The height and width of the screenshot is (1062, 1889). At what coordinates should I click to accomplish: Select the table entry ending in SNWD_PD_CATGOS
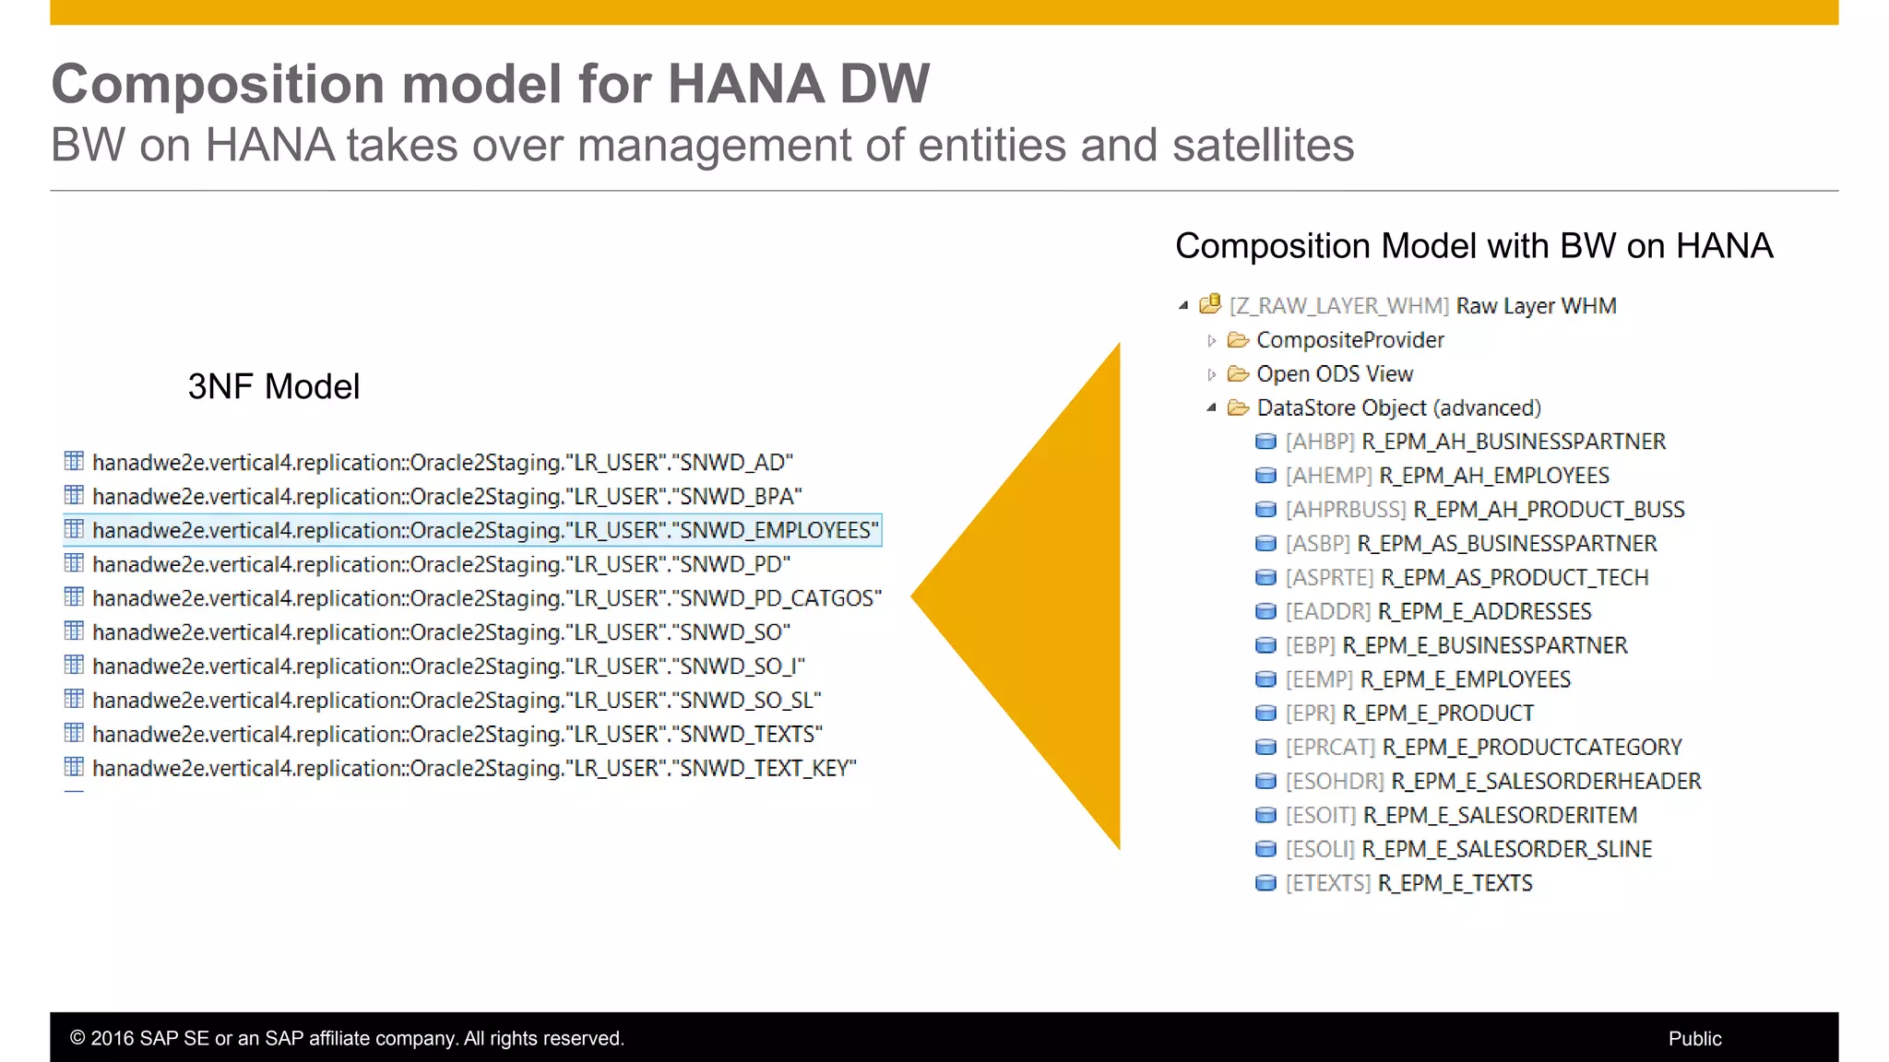(x=486, y=598)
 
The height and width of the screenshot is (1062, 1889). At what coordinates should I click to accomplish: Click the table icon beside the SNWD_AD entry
(x=74, y=461)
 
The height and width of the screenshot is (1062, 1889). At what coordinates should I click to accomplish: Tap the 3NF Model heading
(x=274, y=386)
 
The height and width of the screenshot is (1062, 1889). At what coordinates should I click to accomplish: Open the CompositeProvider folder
(x=1349, y=340)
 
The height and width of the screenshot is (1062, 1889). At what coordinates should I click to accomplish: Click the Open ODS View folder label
(x=1334, y=374)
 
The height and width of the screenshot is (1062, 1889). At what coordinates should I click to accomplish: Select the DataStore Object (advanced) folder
(x=1397, y=407)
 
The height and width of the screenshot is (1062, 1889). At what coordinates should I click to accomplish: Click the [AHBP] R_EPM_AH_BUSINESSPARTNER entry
(x=1476, y=442)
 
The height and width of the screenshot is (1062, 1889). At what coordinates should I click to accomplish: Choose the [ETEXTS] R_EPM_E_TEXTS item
(x=1408, y=883)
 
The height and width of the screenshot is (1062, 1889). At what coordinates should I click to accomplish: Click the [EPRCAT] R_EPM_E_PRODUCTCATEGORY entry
(x=1483, y=747)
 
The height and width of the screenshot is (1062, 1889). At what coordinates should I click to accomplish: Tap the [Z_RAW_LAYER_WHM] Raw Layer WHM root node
(x=1422, y=306)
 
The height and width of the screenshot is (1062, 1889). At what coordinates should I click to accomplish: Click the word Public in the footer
(x=1694, y=1038)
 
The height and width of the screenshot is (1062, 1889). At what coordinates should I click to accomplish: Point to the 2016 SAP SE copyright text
(x=347, y=1038)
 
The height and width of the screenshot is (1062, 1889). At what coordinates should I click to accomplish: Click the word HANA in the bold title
(x=745, y=84)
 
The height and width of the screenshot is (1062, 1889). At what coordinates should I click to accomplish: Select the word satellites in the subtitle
(x=1263, y=146)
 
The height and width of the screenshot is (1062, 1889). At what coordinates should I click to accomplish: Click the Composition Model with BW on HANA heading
(x=1473, y=246)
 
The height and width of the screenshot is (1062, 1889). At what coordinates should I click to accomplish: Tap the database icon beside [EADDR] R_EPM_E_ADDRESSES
(x=1265, y=611)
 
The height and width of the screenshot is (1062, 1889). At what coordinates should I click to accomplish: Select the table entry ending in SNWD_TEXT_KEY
(x=474, y=768)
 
